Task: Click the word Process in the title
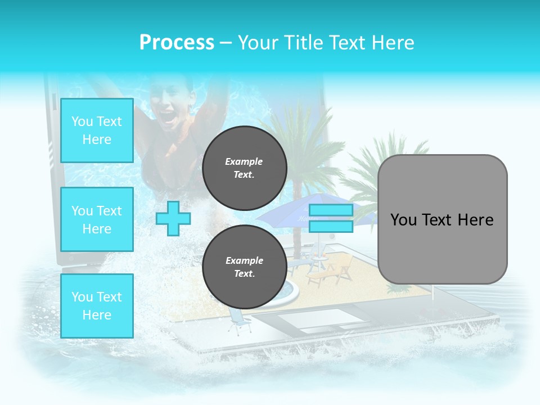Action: coord(177,43)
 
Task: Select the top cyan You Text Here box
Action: coord(97,130)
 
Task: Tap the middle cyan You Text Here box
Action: coord(97,219)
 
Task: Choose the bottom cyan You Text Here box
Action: coord(97,305)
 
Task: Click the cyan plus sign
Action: coord(173,218)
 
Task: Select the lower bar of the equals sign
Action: coord(331,227)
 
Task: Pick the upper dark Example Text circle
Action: coord(244,168)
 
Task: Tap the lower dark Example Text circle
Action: coord(244,267)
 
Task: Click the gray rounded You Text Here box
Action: coord(442,219)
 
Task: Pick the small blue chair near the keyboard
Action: coord(238,323)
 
